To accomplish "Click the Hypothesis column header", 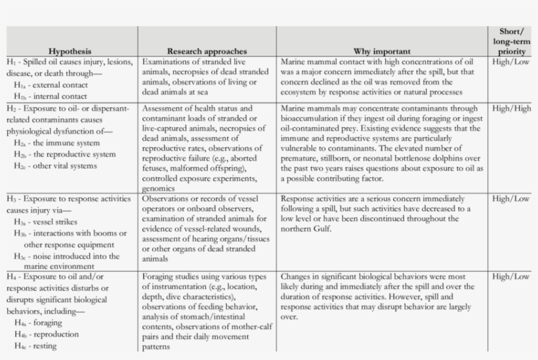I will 70,51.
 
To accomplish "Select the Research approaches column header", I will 207,51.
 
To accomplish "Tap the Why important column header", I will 382,51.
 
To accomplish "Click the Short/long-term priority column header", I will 511,41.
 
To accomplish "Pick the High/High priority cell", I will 511,109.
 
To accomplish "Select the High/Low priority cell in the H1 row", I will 511,62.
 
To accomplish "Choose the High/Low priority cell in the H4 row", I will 511,277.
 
